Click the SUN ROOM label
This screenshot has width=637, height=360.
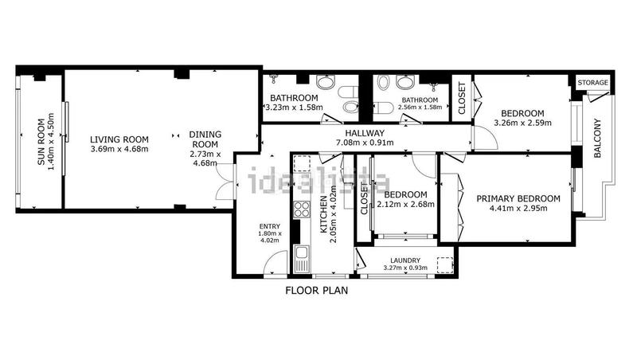(41, 142)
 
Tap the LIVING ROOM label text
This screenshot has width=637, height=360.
(119, 139)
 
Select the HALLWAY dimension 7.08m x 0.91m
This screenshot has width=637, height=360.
(365, 143)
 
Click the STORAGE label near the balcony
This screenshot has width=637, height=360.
(592, 83)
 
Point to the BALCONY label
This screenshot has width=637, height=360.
(597, 138)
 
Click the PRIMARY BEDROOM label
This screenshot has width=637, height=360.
(518, 198)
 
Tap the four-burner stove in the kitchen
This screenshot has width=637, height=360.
(302, 209)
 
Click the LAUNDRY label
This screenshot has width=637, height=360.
(405, 260)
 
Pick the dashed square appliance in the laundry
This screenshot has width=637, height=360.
(445, 264)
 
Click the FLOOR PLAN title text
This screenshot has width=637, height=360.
(316, 291)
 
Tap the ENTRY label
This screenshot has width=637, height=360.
(270, 226)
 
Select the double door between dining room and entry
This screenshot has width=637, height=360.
(225, 182)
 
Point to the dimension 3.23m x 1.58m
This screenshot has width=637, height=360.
(294, 108)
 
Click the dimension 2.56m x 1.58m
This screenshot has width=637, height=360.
(420, 108)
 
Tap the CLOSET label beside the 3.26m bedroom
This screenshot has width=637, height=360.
(462, 98)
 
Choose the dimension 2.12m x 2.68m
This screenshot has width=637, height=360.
(405, 205)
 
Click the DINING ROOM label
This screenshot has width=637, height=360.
(205, 139)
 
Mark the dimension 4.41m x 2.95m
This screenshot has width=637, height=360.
(518, 209)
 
